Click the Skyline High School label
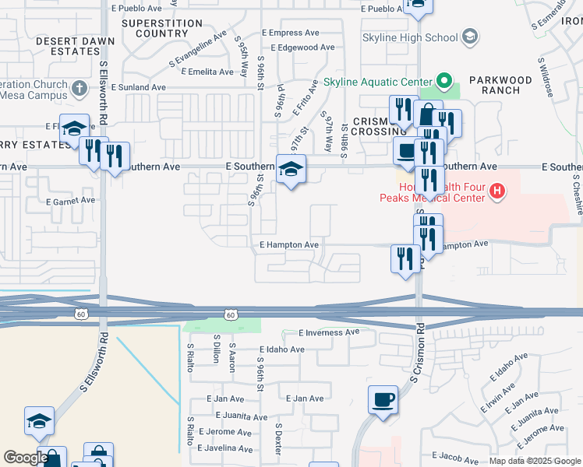pyautogui.click(x=411, y=37)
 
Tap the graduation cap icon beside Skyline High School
pyautogui.click(x=470, y=37)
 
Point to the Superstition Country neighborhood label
pyautogui.click(x=156, y=28)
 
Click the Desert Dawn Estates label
pyautogui.click(x=68, y=45)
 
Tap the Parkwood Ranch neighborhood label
pyautogui.click(x=500, y=85)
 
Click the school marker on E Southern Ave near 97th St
pyautogui.click(x=291, y=170)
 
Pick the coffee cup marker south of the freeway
pyautogui.click(x=382, y=402)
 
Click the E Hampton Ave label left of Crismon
pyautogui.click(x=289, y=245)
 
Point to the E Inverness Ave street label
pyautogui.click(x=329, y=332)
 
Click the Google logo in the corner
pyautogui.click(x=25, y=458)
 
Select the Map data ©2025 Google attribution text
pyautogui.click(x=535, y=461)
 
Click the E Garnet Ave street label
pyautogui.click(x=70, y=201)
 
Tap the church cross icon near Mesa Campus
pyautogui.click(x=80, y=87)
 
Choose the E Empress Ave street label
pyautogui.click(x=291, y=33)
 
